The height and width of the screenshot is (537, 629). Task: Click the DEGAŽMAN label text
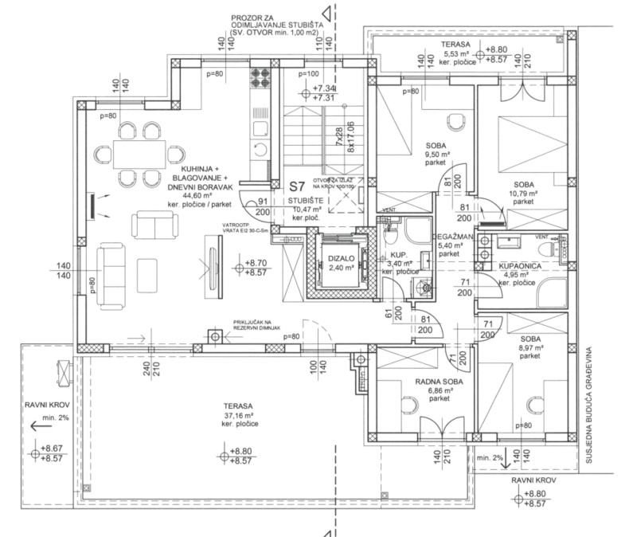pos(455,237)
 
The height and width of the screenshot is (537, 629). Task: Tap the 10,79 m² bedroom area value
pos(524,193)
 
